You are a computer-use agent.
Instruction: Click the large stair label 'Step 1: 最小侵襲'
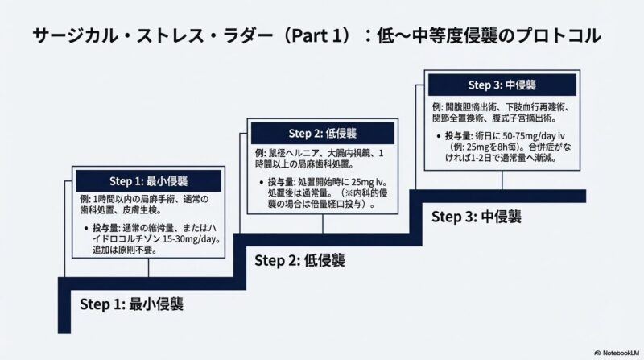[132, 304]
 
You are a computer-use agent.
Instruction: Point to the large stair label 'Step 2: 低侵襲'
[300, 259]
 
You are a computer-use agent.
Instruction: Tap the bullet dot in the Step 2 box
[261, 183]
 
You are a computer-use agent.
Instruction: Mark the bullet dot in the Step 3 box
[436, 136]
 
